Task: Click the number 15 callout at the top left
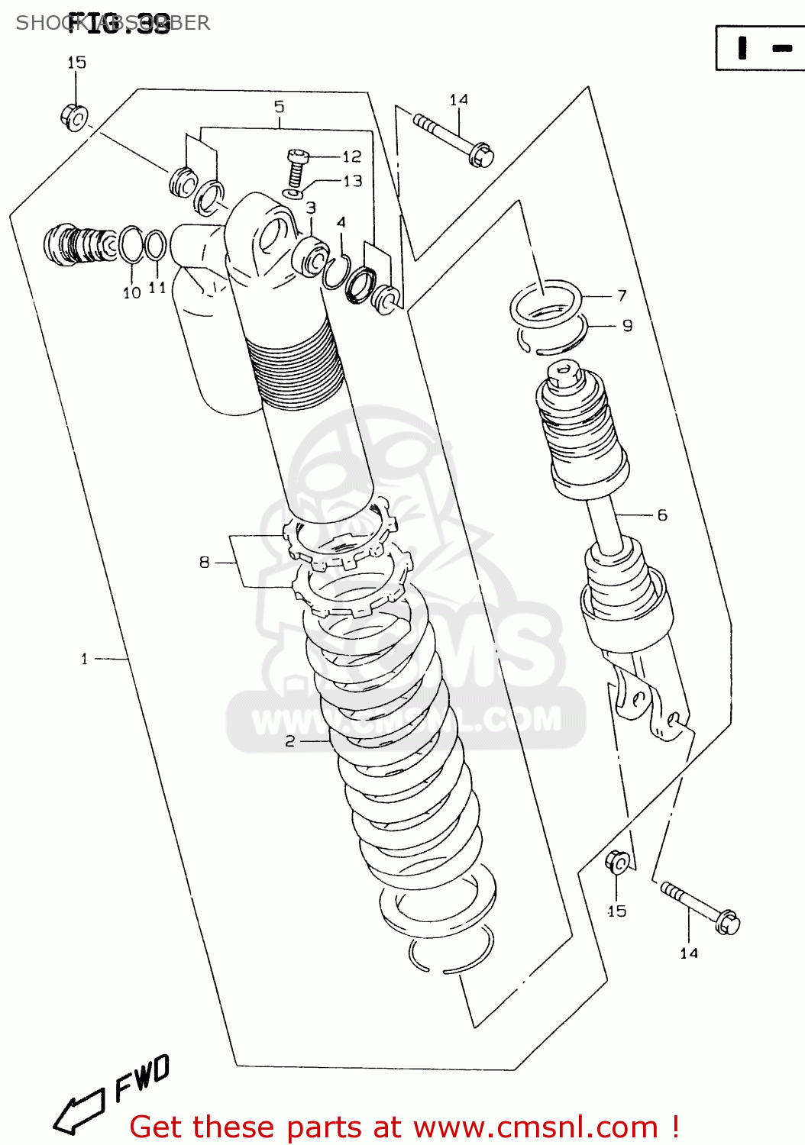(x=76, y=63)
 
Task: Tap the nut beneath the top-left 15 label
(x=73, y=117)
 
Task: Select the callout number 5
(x=279, y=107)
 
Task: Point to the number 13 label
(x=352, y=181)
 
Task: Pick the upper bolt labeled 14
(x=454, y=139)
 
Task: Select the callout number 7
(x=622, y=295)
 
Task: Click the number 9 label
(x=627, y=326)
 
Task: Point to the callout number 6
(x=661, y=515)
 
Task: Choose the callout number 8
(x=204, y=563)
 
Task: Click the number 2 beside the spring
(x=289, y=740)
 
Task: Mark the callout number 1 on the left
(x=84, y=658)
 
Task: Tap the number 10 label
(x=132, y=292)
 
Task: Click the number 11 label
(x=157, y=288)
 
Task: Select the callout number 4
(x=341, y=222)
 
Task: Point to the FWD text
(x=142, y=1078)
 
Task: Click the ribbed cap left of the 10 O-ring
(x=76, y=245)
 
